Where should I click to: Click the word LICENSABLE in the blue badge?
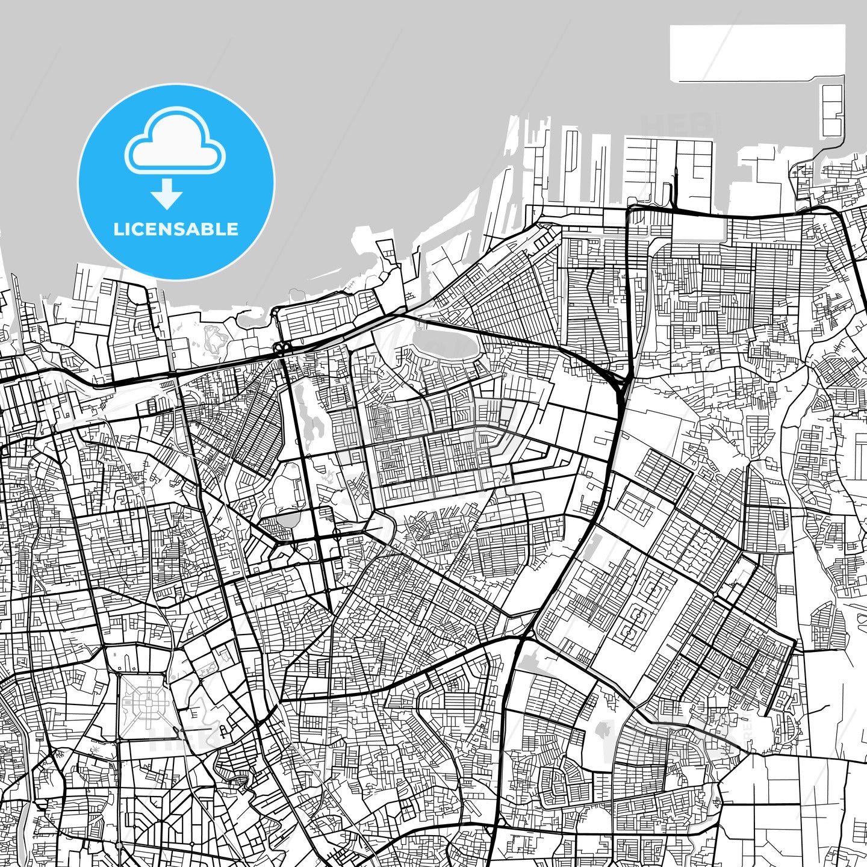point(176,229)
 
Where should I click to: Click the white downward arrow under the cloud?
point(167,194)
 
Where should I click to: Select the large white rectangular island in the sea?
point(757,53)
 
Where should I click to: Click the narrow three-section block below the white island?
point(833,111)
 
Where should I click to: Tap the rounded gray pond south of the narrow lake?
point(290,518)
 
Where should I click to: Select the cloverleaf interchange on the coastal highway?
point(281,347)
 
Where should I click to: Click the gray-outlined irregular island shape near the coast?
point(214,341)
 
